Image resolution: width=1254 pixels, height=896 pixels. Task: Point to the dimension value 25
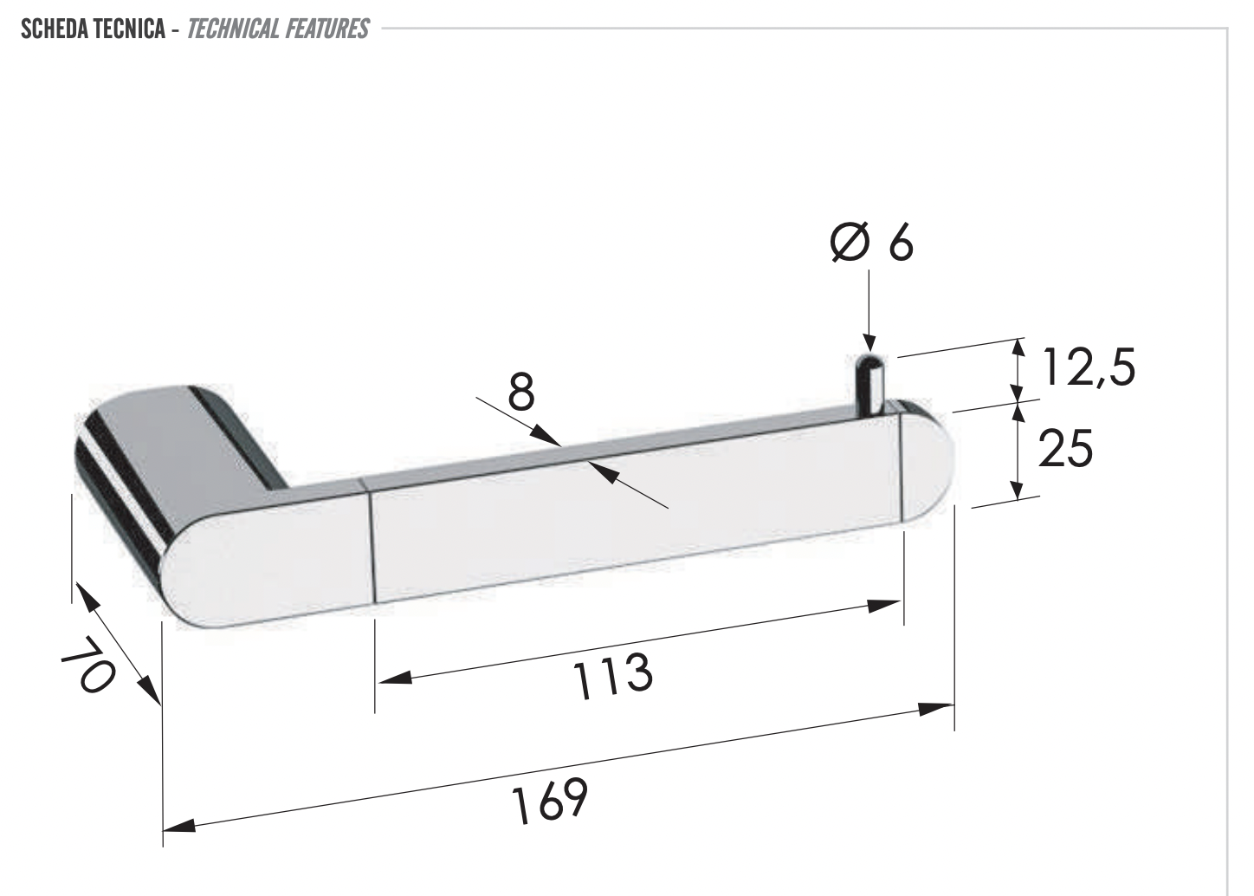(x=1064, y=448)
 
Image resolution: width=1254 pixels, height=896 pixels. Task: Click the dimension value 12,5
(x=1087, y=367)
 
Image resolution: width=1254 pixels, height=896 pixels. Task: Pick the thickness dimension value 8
(x=521, y=392)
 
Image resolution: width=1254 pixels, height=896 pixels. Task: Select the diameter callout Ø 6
(x=870, y=243)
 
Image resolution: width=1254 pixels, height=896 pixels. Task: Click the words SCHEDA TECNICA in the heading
(x=92, y=29)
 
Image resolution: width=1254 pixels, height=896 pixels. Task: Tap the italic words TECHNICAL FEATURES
(x=278, y=29)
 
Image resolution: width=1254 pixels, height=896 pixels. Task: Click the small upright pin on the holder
(x=869, y=382)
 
